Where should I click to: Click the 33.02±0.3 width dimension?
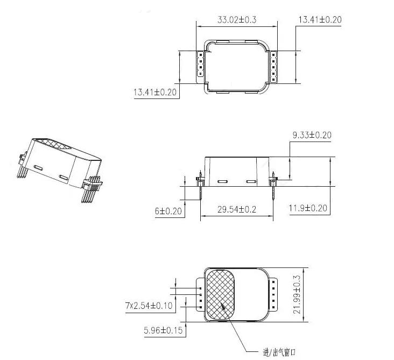click(x=236, y=20)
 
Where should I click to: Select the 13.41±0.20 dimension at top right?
click(x=320, y=20)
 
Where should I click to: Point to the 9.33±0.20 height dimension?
click(x=312, y=135)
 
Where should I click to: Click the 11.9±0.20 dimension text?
click(x=308, y=208)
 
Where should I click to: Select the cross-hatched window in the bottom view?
click(x=221, y=294)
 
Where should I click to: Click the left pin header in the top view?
click(x=200, y=65)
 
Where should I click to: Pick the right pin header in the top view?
click(x=273, y=66)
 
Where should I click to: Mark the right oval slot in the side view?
click(x=251, y=181)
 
